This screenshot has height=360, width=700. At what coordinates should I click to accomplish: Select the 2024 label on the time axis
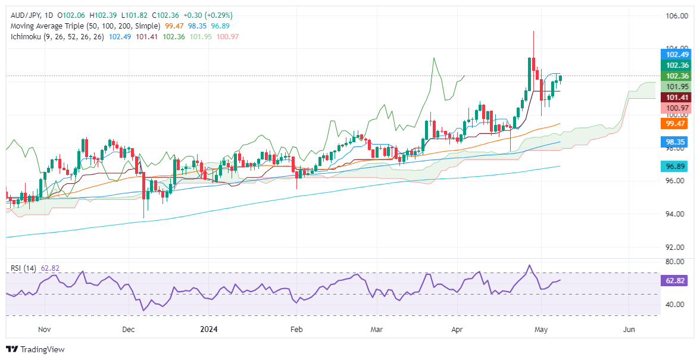point(210,328)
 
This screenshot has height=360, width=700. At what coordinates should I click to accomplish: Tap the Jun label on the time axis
point(628,328)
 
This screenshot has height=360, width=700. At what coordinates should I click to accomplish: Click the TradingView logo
point(35,349)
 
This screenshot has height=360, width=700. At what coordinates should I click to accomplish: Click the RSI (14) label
point(23,268)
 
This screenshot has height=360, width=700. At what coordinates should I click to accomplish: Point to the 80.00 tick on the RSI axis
point(676,262)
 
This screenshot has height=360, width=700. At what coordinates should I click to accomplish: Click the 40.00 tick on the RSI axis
point(676,305)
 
